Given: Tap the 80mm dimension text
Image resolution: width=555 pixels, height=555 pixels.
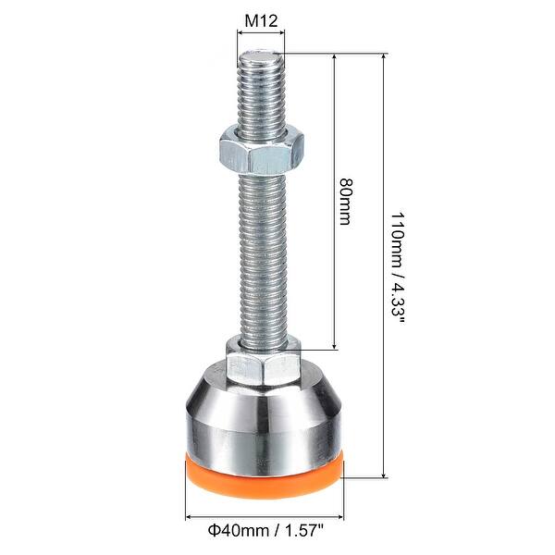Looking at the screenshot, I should tap(346, 202).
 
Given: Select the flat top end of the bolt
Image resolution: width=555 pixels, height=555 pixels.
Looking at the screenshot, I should tap(262, 55).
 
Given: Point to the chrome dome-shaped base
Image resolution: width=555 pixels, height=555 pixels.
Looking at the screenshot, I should tap(264, 416).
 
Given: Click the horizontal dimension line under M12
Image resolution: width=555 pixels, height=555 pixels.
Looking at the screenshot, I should tap(262, 32).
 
